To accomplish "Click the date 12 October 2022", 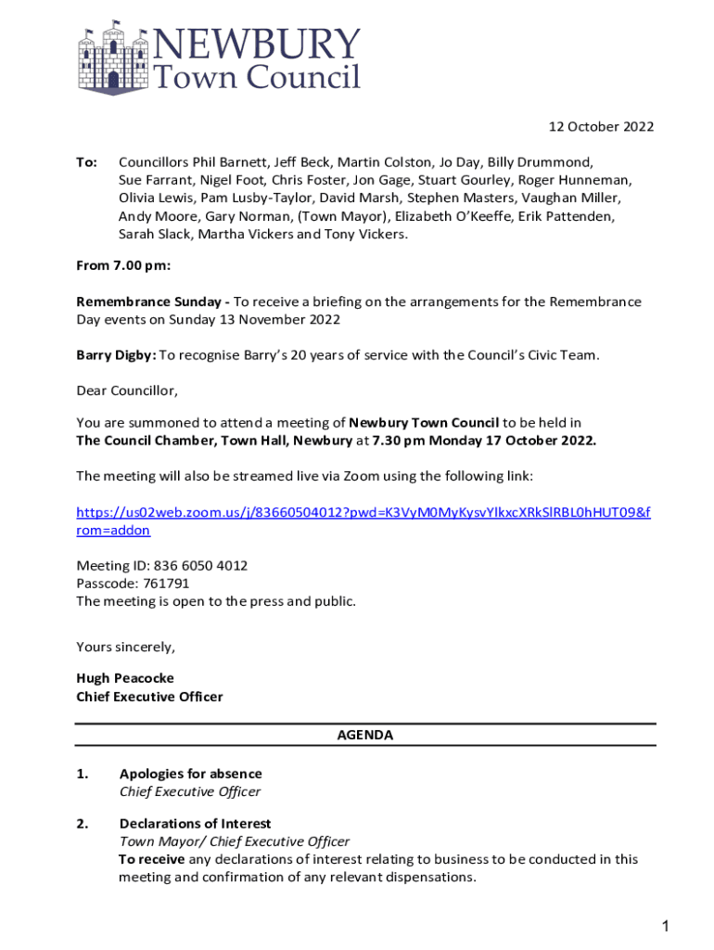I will point(601,127).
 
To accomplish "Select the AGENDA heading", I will point(364,735).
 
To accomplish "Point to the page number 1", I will point(665,926).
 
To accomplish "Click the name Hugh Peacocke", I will point(124,678).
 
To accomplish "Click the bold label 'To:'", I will point(86,161).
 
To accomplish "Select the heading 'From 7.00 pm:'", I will point(122,266).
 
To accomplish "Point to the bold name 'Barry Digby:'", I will point(116,354).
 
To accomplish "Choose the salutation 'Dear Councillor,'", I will point(126,390).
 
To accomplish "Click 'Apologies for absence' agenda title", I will point(190,774).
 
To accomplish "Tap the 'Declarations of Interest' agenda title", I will point(195,824).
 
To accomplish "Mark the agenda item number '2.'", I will point(83,824).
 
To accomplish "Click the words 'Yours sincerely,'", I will point(125,647).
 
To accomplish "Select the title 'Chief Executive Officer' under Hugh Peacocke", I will point(149,697).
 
